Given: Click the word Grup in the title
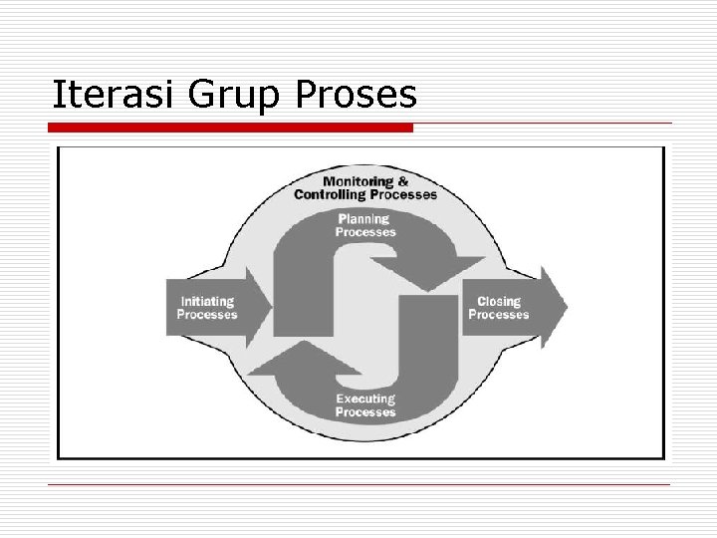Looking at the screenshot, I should click(230, 95).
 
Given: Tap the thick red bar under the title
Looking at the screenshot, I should click(231, 128).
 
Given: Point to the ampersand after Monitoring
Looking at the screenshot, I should click(402, 182).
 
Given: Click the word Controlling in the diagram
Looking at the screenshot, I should click(332, 195).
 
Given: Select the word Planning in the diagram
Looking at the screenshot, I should click(363, 219).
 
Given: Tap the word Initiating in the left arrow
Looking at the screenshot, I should click(207, 302).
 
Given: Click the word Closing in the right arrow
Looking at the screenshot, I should click(499, 302).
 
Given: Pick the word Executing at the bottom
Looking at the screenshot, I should click(364, 400).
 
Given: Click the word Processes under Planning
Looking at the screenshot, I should click(365, 232).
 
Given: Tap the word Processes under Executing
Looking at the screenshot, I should click(365, 412).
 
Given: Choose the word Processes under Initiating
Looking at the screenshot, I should click(207, 315).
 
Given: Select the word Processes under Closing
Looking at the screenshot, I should click(499, 315).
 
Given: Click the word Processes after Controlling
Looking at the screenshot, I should click(403, 195).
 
